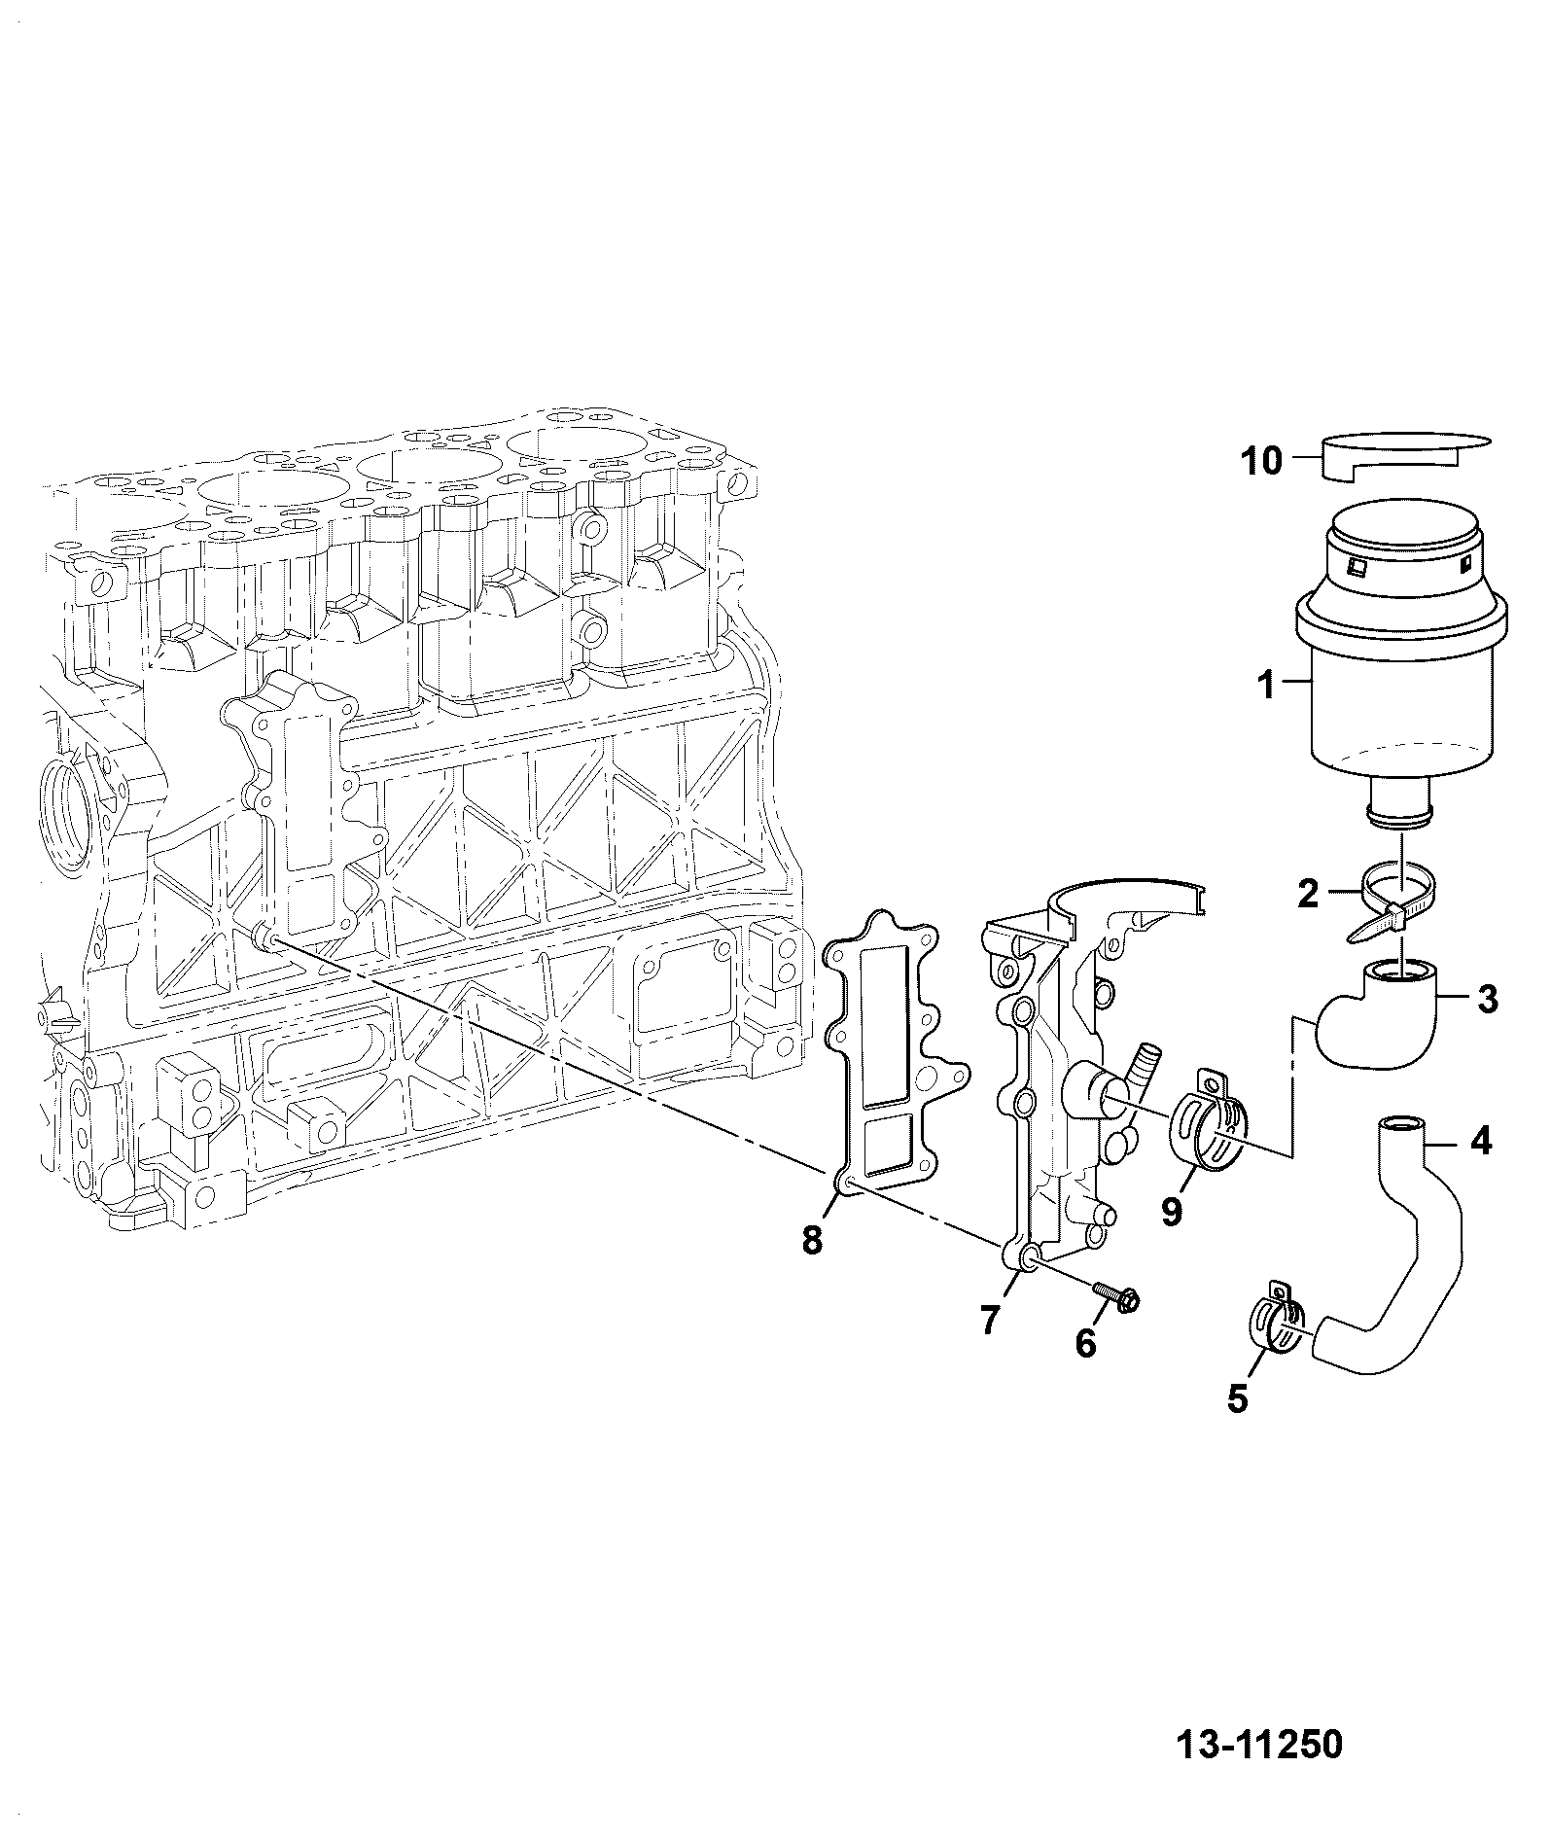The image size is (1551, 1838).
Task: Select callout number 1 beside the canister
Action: tap(1265, 687)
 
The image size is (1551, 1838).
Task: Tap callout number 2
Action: tap(1308, 893)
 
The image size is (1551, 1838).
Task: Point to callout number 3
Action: tap(1487, 1000)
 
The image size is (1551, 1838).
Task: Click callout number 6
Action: tap(1085, 1343)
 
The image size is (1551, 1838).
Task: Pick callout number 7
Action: tap(989, 1320)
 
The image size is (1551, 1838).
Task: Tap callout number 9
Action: tap(1171, 1212)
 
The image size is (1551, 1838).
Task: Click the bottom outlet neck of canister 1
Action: tap(1400, 810)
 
